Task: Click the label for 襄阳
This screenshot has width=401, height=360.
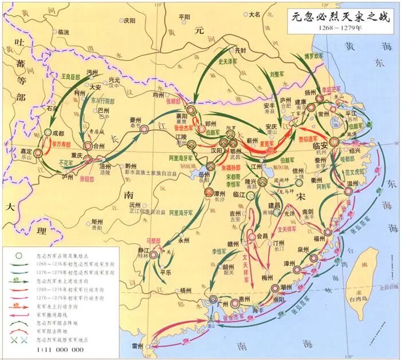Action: [196, 114]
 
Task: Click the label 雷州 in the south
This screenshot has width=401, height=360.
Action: [136, 346]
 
